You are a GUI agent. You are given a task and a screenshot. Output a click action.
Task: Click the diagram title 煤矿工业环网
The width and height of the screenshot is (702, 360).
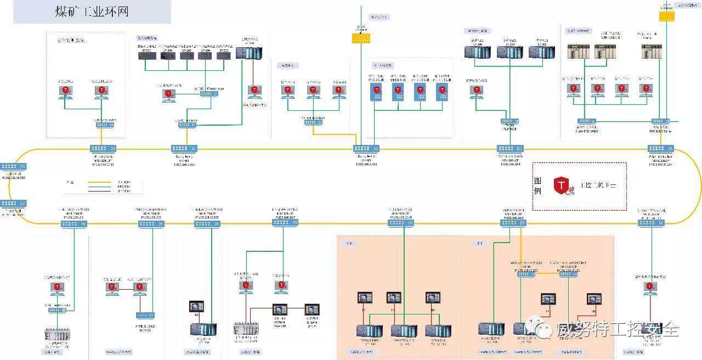coord(92,12)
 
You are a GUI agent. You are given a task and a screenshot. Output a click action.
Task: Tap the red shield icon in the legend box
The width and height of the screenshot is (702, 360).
coord(561,186)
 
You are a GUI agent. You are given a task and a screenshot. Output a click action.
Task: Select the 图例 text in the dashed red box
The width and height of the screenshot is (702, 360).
coord(537,185)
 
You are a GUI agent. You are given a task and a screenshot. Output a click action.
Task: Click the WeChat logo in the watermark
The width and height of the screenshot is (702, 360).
coord(544,329)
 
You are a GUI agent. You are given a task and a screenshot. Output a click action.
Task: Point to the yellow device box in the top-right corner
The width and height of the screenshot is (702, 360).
coord(666,16)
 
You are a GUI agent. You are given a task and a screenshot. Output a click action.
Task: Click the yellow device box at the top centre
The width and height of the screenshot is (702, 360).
coord(361,38)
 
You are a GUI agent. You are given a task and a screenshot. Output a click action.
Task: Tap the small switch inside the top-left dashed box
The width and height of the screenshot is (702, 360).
coord(105,125)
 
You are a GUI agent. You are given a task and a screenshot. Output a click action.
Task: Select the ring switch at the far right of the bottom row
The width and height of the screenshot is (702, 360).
coord(652,223)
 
